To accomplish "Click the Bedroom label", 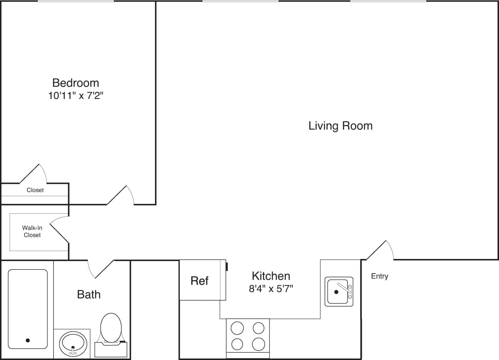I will tap(76, 82).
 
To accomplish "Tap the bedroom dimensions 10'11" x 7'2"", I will tap(76, 96).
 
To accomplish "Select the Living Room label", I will tap(340, 126).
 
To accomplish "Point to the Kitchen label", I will tap(271, 276).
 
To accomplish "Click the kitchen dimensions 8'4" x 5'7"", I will tap(271, 288).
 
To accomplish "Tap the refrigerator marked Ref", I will tap(200, 281).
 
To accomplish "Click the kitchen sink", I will tap(338, 291).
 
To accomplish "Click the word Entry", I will tap(379, 276).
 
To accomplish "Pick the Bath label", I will tap(89, 294).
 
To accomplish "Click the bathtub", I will tap(28, 308).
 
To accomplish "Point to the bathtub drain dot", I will tap(28, 340).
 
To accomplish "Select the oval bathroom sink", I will tap(73, 343).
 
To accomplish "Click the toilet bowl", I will tap(111, 327).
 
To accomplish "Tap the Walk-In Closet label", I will tap(32, 232).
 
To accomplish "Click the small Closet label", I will tap(35, 190).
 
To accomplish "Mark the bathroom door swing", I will tap(100, 269).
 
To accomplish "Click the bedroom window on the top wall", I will tap(75, 1).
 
